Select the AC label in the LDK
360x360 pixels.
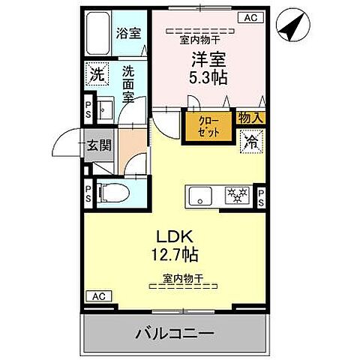[x=97, y=296]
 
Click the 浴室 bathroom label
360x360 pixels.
[x=128, y=33]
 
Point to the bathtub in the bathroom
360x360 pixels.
[x=97, y=34]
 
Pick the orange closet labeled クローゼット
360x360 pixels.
[x=208, y=126]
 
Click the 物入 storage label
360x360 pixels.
[x=250, y=117]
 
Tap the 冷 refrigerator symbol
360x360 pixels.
[x=250, y=141]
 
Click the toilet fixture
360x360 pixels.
[x=106, y=193]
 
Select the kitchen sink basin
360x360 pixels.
[x=200, y=196]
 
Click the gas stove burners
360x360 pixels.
[x=239, y=196]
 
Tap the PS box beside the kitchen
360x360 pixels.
[x=261, y=196]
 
